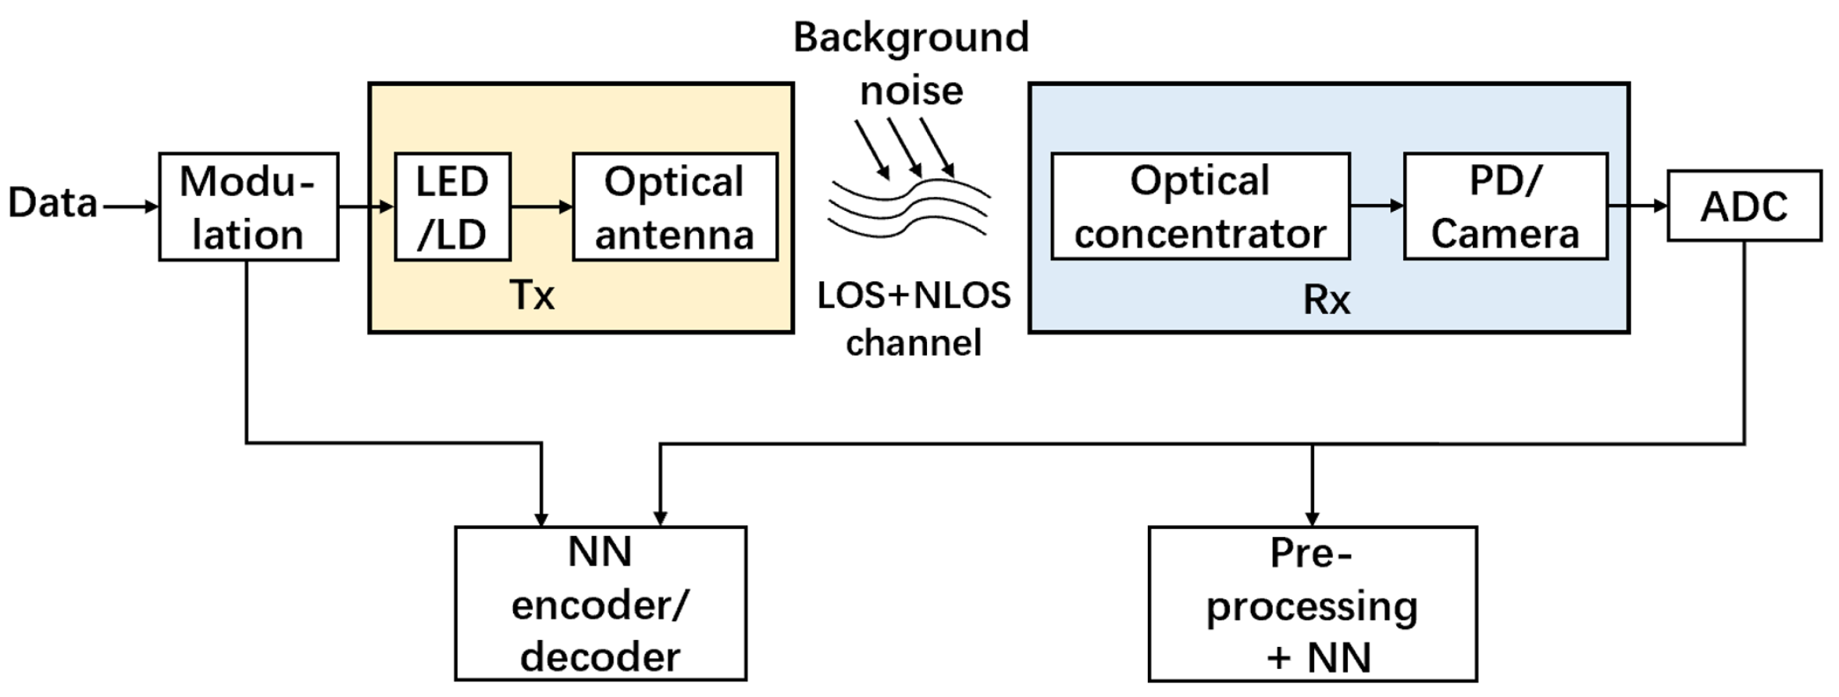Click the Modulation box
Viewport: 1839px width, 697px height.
click(x=248, y=207)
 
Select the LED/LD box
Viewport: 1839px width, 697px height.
click(x=452, y=207)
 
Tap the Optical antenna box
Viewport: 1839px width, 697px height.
click(x=675, y=207)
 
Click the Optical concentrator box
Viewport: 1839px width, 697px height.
click(x=1199, y=206)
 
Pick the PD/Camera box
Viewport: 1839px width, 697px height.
click(x=1505, y=206)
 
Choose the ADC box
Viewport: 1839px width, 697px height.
click(x=1744, y=206)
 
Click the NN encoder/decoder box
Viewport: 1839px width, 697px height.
click(x=600, y=603)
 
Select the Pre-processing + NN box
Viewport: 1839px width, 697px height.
click(x=1312, y=604)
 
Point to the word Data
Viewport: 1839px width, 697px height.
click(x=52, y=203)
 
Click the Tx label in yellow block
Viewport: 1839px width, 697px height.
click(x=532, y=295)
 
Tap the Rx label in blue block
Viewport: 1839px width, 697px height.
click(x=1326, y=300)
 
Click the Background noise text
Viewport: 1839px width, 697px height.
click(x=911, y=64)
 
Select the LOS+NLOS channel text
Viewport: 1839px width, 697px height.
click(x=914, y=319)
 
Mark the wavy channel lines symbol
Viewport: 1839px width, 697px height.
click(x=909, y=206)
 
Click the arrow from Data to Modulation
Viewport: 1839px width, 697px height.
click(x=130, y=207)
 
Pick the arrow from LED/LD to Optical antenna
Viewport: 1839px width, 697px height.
click(x=541, y=207)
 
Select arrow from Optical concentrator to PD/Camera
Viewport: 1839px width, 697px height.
click(x=1376, y=206)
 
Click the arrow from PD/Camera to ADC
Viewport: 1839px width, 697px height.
click(x=1637, y=206)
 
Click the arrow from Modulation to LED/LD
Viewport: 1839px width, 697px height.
click(x=365, y=207)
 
